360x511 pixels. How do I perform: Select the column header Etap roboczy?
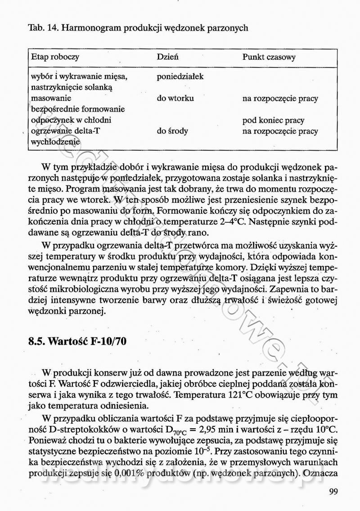[55, 58]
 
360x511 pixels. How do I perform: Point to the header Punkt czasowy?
[269, 58]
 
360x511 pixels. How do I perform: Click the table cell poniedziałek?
[180, 76]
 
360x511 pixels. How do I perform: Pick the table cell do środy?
[172, 131]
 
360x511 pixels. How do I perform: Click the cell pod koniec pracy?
[273, 121]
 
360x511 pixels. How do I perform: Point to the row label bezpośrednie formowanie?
[77, 109]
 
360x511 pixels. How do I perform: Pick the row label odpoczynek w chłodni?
[71, 121]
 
